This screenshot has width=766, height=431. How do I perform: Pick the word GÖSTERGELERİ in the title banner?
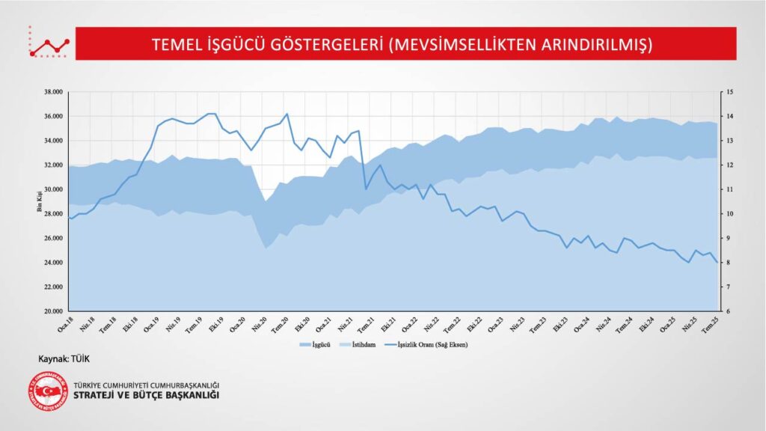(317, 43)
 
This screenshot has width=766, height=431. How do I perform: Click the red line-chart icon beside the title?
(49, 45)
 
